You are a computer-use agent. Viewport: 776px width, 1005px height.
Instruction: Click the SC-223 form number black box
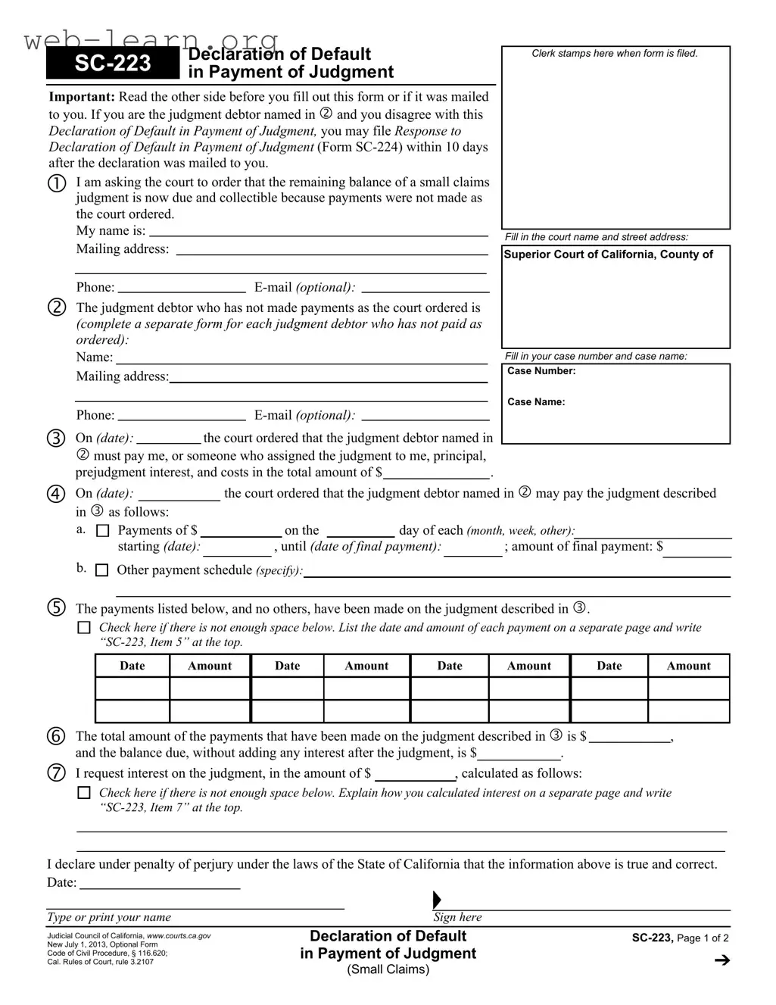(x=113, y=64)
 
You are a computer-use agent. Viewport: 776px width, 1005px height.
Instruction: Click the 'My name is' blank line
(x=318, y=232)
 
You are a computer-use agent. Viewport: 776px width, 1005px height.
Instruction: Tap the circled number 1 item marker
(x=57, y=184)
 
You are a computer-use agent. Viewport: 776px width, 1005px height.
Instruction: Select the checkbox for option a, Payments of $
(x=103, y=531)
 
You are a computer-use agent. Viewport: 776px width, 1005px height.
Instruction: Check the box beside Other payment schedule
(x=101, y=570)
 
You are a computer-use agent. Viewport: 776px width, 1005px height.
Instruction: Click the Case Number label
(x=541, y=371)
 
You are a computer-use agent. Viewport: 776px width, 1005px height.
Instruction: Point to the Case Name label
(x=536, y=402)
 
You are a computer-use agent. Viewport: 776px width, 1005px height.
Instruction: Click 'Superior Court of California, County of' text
(x=608, y=254)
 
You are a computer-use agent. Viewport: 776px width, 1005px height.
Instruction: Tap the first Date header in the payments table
(x=132, y=666)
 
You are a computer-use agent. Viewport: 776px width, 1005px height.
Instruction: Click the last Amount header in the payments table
(x=688, y=666)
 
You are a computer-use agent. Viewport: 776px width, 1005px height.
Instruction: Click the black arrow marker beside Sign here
(x=437, y=900)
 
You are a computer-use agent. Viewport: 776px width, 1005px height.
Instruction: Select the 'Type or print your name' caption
(x=109, y=917)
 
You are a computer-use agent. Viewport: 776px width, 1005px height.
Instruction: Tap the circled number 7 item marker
(x=57, y=773)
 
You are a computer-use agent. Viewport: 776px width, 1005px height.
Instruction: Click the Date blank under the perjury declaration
(x=160, y=884)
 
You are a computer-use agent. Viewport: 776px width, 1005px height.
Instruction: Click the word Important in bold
(x=82, y=97)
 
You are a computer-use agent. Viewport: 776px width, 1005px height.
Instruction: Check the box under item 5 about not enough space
(x=85, y=628)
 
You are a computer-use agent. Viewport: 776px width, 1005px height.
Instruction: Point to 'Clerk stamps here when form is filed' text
(x=615, y=54)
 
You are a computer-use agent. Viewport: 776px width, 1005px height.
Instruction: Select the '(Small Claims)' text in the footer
(x=388, y=969)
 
